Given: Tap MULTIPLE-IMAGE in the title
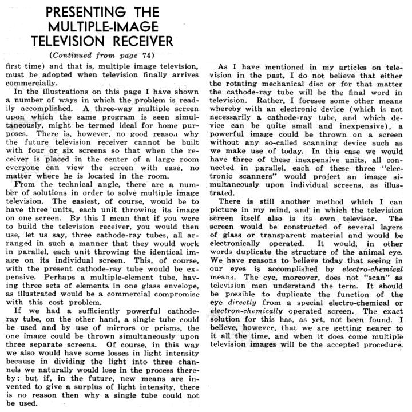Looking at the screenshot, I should (x=103, y=27).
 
